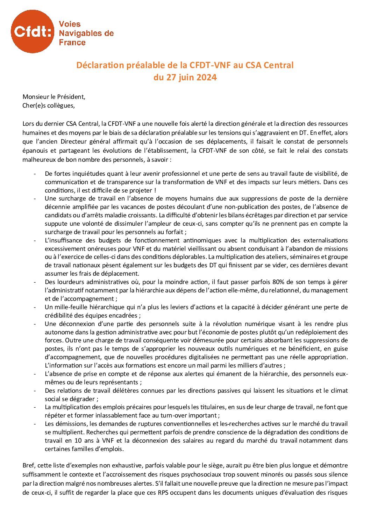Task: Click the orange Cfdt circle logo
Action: tap(33, 31)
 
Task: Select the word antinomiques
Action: tap(202, 240)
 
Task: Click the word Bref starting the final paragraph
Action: tap(28, 466)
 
